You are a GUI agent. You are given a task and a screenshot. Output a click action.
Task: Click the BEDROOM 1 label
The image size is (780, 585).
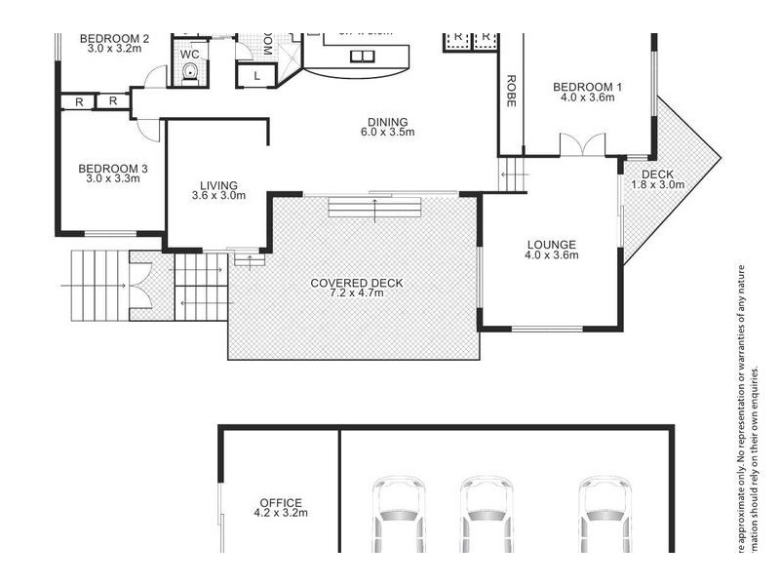coord(587,87)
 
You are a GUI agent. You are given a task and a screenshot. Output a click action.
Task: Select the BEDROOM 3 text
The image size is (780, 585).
coord(113,167)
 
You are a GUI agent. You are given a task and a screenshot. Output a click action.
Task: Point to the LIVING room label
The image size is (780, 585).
coord(218,185)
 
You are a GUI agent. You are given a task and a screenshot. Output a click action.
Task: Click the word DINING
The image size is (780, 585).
coord(387,122)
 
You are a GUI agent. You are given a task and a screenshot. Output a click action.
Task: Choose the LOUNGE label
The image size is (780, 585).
coord(552,245)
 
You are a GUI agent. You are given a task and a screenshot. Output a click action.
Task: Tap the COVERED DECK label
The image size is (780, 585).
coord(356,283)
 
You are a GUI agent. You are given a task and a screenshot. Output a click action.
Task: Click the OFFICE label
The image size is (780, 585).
coord(280,503)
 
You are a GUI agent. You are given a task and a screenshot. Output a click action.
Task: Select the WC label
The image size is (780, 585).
coord(189,54)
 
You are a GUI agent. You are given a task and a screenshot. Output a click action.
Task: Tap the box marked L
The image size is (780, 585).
coord(255,75)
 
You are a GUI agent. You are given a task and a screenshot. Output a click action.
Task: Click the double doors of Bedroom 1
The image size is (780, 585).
coord(581,144)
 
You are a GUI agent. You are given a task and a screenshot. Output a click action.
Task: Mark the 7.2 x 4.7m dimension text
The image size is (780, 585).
coord(356,293)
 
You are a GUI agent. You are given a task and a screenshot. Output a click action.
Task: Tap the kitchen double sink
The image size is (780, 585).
coord(362,56)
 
